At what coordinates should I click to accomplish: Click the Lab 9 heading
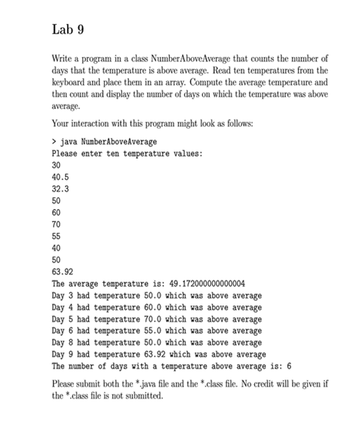pyautogui.click(x=68, y=30)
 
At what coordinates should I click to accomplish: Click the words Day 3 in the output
pyautogui.click(x=62, y=295)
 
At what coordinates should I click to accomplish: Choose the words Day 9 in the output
pyautogui.click(x=62, y=354)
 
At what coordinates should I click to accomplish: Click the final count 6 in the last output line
pyautogui.click(x=290, y=366)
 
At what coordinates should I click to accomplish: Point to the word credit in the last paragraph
pyautogui.click(x=248, y=385)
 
